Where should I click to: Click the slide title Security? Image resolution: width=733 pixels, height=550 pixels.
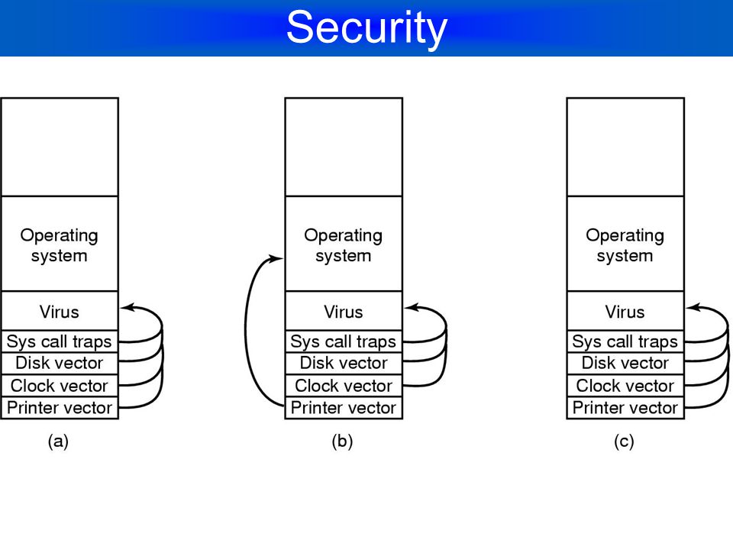[366, 28]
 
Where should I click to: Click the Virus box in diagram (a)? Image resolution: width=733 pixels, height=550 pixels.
[60, 311]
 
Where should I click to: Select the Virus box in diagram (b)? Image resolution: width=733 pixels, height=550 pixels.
[344, 311]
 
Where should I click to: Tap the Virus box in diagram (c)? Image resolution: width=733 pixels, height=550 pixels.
[625, 311]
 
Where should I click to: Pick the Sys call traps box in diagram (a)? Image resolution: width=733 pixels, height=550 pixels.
[60, 341]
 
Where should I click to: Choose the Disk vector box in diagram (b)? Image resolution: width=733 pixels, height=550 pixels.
[344, 364]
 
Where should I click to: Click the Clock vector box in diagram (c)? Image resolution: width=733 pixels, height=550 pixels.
[625, 386]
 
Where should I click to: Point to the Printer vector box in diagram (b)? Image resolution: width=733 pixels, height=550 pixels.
[344, 408]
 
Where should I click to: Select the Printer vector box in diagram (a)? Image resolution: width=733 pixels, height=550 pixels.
[60, 408]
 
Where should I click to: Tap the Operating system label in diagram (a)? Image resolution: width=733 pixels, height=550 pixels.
[60, 245]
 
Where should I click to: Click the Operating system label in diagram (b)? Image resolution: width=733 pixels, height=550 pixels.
[344, 245]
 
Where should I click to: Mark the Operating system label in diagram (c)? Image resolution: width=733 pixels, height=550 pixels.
[625, 245]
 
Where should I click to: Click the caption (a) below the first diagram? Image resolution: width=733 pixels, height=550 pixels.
[59, 441]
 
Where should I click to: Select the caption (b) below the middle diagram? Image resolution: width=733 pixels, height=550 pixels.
[342, 441]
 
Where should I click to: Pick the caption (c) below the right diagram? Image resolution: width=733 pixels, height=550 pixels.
[624, 441]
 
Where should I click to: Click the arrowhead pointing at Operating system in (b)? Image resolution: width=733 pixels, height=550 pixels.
[276, 258]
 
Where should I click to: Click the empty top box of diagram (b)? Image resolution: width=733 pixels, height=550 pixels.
[344, 147]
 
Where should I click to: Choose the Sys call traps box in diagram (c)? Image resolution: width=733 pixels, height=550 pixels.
[625, 341]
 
